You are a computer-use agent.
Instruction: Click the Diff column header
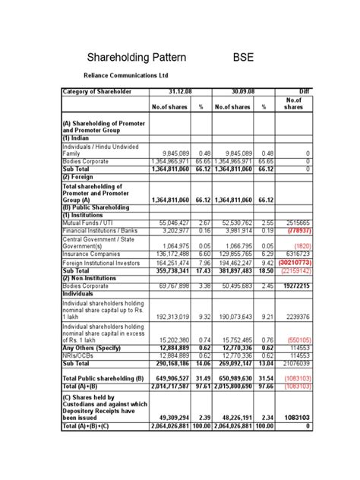(x=302, y=91)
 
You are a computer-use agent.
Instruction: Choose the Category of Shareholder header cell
(x=97, y=91)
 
